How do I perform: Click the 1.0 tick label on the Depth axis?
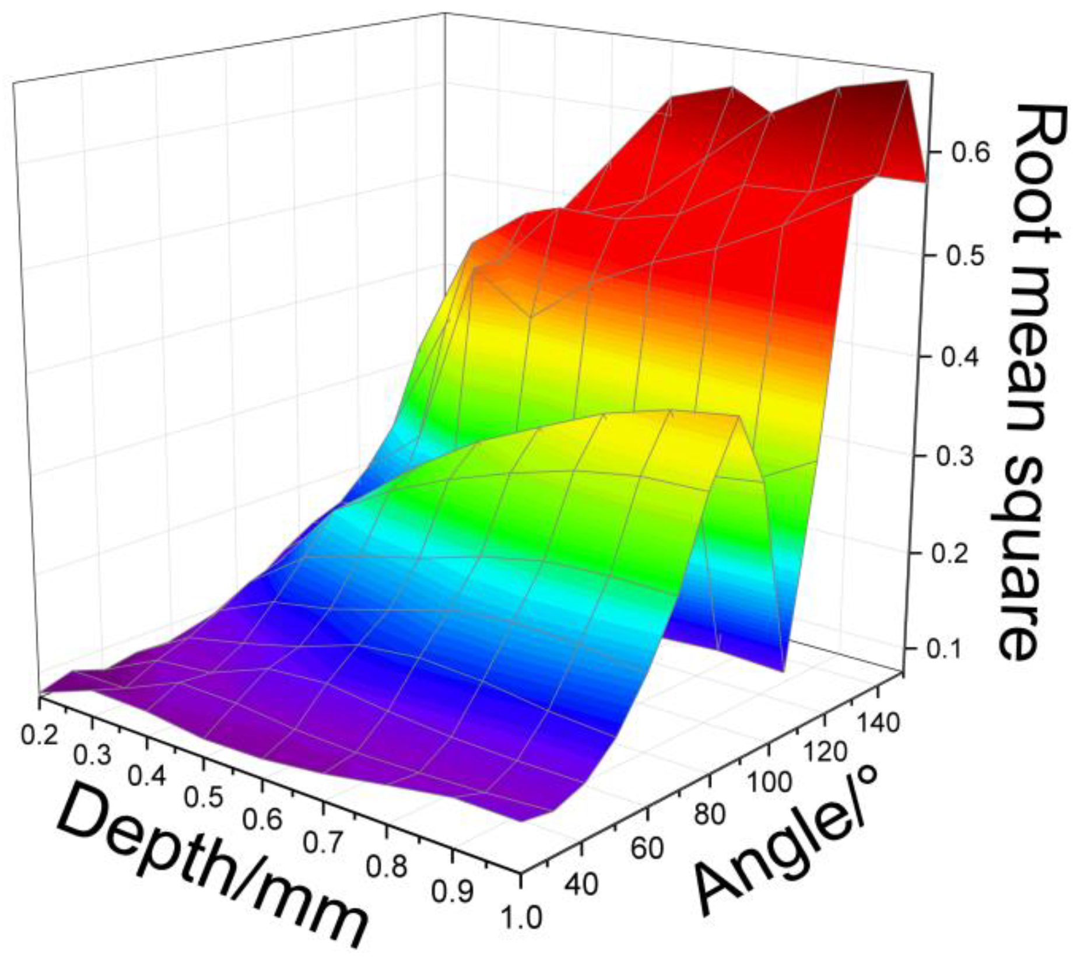[522, 917]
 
